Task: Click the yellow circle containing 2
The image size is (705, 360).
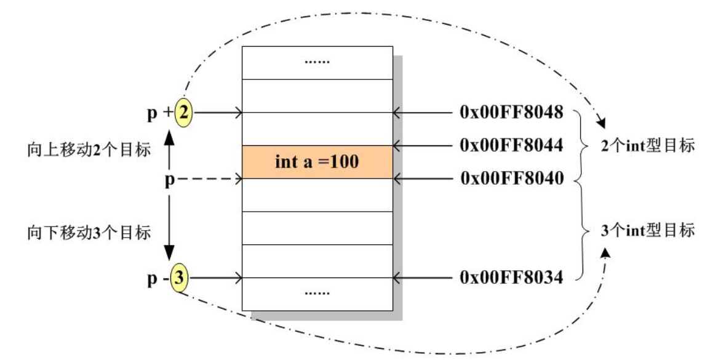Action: click(x=183, y=114)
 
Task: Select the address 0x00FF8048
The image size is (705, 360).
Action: click(x=511, y=113)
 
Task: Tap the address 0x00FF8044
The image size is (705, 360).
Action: click(x=511, y=146)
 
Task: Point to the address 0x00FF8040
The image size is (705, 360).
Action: click(x=511, y=178)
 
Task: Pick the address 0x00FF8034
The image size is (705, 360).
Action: click(x=511, y=278)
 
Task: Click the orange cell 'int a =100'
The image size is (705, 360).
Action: click(x=317, y=162)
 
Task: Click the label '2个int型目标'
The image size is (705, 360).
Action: click(x=647, y=146)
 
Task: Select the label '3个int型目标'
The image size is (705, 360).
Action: click(x=647, y=231)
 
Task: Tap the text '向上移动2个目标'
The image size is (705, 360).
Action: click(x=89, y=151)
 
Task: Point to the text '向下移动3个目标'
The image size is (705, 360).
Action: click(x=89, y=233)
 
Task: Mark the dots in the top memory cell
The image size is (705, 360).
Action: click(x=317, y=62)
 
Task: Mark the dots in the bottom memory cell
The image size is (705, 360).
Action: click(x=317, y=292)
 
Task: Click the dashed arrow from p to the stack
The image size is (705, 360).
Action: click(x=209, y=179)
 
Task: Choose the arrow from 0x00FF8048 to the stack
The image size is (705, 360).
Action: click(x=424, y=113)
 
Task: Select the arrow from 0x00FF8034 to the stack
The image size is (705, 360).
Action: click(x=424, y=278)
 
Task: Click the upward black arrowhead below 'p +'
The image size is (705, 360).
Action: click(x=170, y=134)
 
